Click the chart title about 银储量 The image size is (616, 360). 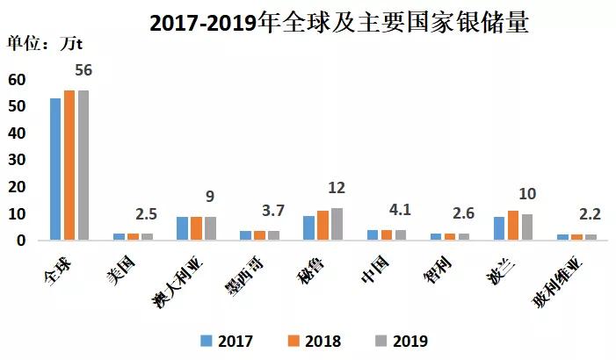click(338, 23)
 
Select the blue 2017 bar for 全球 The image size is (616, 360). click(55, 169)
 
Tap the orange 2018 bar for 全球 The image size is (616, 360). click(69, 164)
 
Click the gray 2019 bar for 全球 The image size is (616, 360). click(83, 164)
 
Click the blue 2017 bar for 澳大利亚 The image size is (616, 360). click(182, 228)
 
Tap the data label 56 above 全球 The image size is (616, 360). click(83, 70)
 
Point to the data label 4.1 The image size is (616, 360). click(400, 210)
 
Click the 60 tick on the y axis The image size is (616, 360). click(17, 80)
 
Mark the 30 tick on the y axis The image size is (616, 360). click(17, 160)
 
